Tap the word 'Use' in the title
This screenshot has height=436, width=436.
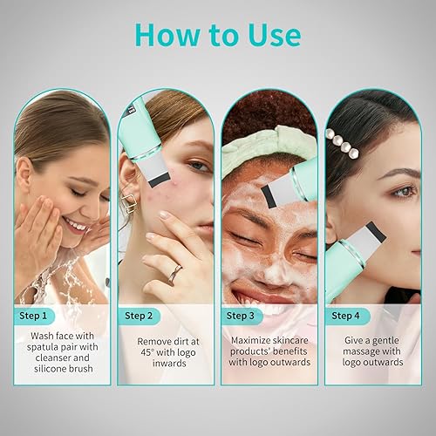click(271, 34)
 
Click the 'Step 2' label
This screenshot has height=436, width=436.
click(140, 316)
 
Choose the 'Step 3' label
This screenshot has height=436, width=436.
click(241, 316)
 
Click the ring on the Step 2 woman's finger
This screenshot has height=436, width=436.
click(174, 273)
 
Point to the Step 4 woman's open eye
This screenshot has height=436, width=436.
click(401, 190)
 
